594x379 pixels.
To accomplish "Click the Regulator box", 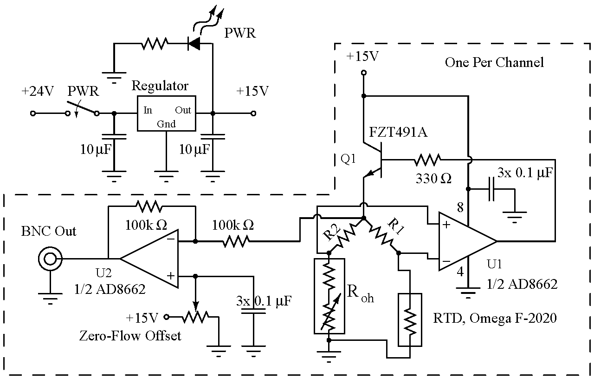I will point(166,113).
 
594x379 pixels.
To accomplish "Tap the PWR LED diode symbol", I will point(193,44).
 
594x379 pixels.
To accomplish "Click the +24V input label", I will point(38,92).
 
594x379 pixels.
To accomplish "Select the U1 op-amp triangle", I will point(466,241).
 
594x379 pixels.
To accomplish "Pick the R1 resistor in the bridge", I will point(381,235).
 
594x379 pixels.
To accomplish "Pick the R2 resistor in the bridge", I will point(345,235).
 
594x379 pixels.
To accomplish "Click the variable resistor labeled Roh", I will point(329,296).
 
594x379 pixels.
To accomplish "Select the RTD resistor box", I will point(410,319).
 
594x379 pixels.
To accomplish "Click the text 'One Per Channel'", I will point(494,62).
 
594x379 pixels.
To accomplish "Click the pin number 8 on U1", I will point(460,208).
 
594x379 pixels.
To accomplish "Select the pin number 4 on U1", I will point(459,272).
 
